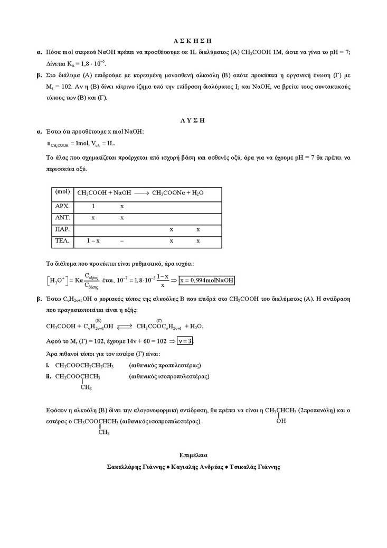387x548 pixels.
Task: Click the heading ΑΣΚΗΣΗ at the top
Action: click(x=193, y=40)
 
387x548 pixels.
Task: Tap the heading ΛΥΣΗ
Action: click(x=193, y=120)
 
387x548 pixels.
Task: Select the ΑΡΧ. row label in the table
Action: click(x=63, y=206)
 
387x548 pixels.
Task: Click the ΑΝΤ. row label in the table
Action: click(x=63, y=217)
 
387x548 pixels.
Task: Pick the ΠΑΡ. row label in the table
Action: click(x=63, y=229)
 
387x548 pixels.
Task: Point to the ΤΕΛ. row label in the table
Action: click(x=63, y=241)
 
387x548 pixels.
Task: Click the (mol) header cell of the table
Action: click(x=63, y=192)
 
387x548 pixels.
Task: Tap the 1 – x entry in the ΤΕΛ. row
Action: click(x=93, y=241)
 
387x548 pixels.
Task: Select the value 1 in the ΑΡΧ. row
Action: click(x=93, y=206)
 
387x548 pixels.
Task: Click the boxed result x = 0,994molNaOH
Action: click(x=207, y=280)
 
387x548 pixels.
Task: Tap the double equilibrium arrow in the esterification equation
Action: click(x=125, y=327)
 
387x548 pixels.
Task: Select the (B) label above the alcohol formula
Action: click(x=98, y=320)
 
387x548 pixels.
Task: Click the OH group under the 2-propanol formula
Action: click(x=281, y=421)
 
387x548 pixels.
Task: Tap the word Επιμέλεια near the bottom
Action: click(x=193, y=454)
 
